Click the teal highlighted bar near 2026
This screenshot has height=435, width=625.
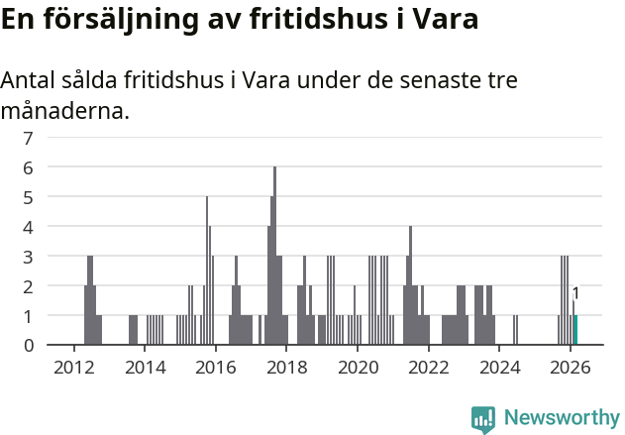(575, 330)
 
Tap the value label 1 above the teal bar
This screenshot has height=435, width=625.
(575, 293)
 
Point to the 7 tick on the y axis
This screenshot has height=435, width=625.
(29, 138)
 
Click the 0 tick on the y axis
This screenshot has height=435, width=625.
(29, 345)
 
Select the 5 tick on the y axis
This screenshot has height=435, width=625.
(29, 197)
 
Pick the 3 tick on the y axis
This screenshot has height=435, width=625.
(29, 256)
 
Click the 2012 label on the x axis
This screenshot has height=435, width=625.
(73, 368)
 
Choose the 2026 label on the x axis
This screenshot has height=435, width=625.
(571, 368)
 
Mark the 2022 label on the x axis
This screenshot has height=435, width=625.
(429, 368)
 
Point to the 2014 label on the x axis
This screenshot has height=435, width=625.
(145, 368)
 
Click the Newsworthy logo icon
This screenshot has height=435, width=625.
(483, 419)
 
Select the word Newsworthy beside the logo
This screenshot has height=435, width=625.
(562, 418)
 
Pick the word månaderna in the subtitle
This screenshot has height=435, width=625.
(64, 110)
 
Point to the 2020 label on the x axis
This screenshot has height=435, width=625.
(358, 368)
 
